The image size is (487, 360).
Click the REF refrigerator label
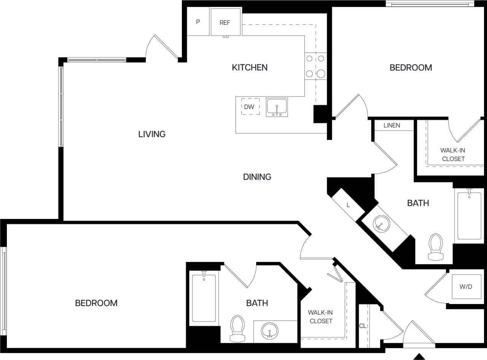(225, 22)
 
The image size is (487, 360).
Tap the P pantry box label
(198, 22)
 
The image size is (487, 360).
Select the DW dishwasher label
(249, 107)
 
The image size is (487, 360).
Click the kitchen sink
(277, 107)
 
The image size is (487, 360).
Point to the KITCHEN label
(250, 67)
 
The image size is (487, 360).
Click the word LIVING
(152, 134)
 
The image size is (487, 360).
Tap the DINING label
(257, 177)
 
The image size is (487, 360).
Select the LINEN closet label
(392, 125)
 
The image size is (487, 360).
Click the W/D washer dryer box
(465, 287)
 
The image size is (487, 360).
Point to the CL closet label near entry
(363, 326)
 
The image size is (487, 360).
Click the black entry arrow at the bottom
(419, 357)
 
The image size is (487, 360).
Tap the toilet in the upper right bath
(436, 247)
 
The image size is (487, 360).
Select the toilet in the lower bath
(237, 328)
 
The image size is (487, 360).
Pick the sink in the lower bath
(270, 330)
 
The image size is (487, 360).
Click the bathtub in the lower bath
(204, 298)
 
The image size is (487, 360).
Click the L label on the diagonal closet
(348, 205)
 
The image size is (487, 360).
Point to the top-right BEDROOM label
(411, 68)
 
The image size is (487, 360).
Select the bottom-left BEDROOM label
(96, 303)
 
